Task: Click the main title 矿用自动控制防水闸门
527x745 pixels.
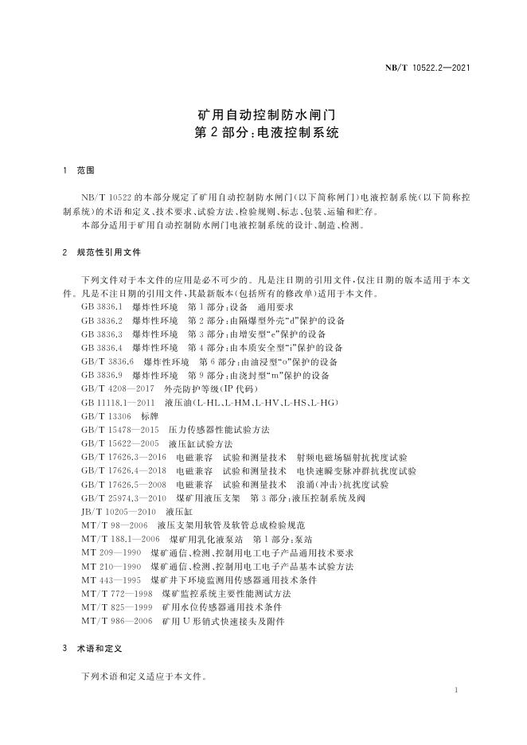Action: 263,115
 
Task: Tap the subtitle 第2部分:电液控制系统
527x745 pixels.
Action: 263,133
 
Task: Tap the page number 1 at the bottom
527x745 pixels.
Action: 455,690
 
